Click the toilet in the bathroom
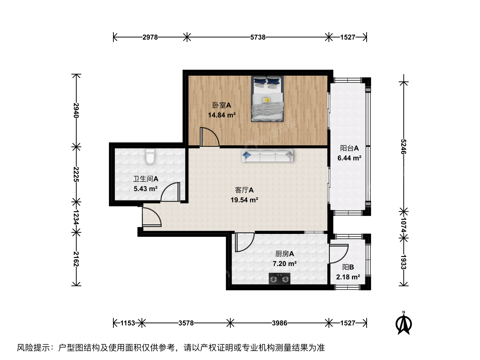[150, 156]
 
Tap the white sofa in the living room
[267, 156]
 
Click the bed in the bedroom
[267, 99]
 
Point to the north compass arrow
[404, 323]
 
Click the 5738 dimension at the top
[258, 37]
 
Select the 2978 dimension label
[150, 37]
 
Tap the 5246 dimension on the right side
[403, 147]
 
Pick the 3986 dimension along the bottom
[279, 323]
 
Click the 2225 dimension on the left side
[76, 174]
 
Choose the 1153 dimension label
[128, 323]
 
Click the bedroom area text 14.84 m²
[222, 115]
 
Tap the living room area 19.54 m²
[244, 200]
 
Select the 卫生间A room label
[146, 179]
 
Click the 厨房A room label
[285, 254]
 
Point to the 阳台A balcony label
[349, 148]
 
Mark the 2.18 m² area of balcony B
[348, 277]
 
